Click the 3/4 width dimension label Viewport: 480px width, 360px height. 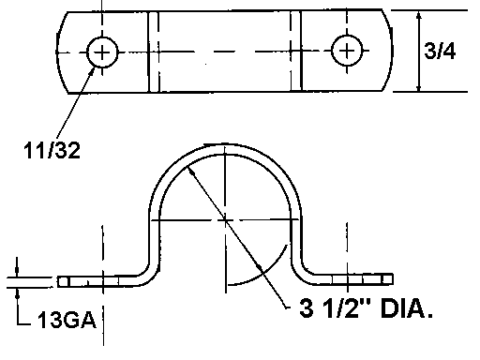coord(440,51)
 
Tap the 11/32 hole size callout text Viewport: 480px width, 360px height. coord(52,150)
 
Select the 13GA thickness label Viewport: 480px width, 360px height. coord(67,320)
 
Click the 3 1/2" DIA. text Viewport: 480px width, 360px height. coord(366,308)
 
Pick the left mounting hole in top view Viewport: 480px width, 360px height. coord(102,52)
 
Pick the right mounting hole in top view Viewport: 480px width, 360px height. coord(347,51)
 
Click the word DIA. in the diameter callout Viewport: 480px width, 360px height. coord(407,308)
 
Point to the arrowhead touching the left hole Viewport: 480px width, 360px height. coord(92,70)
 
